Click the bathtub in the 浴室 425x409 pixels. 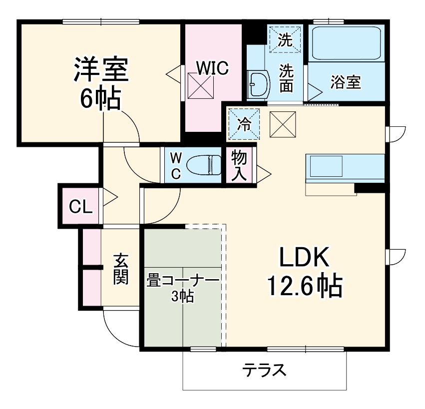click(x=346, y=43)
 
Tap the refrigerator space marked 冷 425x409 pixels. click(x=245, y=123)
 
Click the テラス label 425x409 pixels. click(x=264, y=371)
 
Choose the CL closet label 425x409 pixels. click(x=80, y=206)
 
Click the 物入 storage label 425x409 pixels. click(x=239, y=165)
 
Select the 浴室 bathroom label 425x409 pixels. click(x=345, y=82)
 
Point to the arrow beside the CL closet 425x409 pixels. click(x=110, y=198)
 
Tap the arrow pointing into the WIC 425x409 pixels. click(x=172, y=74)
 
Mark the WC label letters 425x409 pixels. click(x=175, y=166)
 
